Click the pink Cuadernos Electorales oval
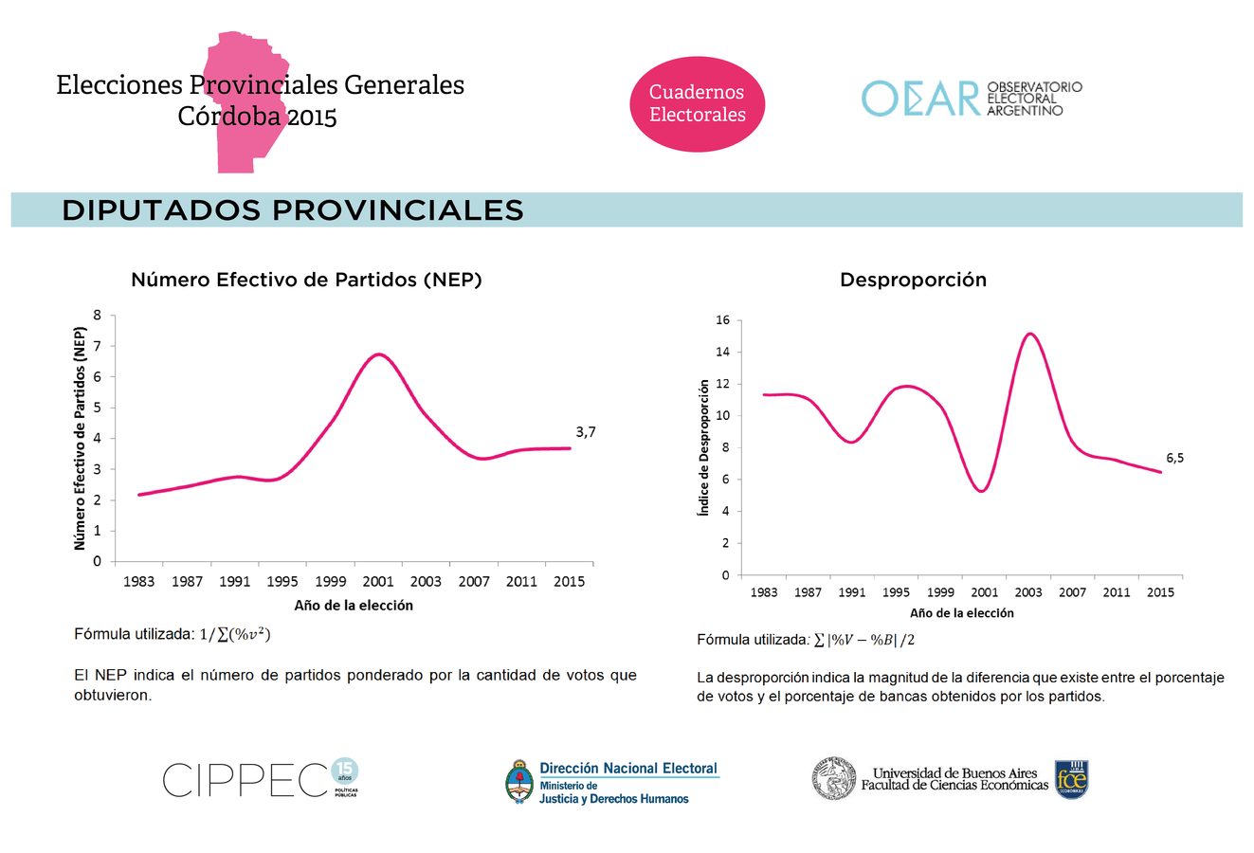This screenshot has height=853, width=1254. click(x=697, y=103)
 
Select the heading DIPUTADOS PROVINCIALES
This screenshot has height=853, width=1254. click(x=293, y=210)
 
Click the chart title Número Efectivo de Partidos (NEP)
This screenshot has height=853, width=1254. click(x=306, y=280)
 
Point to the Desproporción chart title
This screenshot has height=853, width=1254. click(x=913, y=280)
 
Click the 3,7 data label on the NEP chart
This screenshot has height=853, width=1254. click(x=586, y=432)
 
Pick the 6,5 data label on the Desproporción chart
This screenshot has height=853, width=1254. click(x=1174, y=458)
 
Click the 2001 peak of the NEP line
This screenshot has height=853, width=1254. click(x=379, y=354)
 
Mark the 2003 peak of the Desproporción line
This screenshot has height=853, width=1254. click(x=1029, y=334)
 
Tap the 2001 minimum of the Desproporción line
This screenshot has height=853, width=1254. click(x=982, y=490)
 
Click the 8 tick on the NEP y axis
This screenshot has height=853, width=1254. click(x=98, y=316)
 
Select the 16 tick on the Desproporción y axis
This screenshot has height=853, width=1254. click(x=722, y=320)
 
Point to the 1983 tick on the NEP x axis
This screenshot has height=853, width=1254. click(x=139, y=582)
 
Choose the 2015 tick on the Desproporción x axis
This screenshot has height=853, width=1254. click(x=1160, y=593)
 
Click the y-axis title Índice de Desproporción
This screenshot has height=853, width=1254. click(x=703, y=448)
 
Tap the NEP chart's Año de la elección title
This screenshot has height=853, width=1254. click(x=354, y=606)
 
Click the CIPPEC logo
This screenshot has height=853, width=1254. click(x=261, y=780)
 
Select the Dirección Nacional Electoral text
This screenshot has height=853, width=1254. click(x=628, y=769)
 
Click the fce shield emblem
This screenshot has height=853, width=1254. click(x=1071, y=780)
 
